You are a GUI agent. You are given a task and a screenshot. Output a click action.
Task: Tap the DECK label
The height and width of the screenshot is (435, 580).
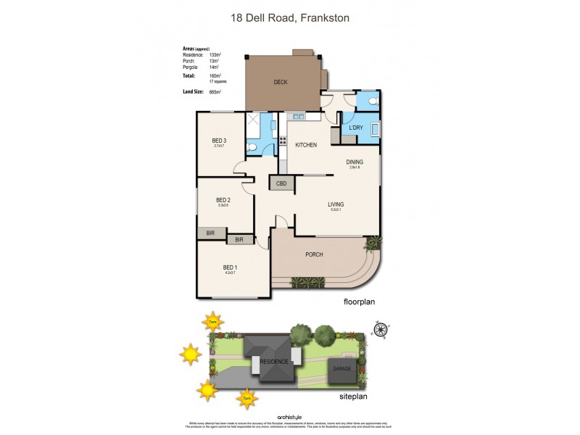click(281, 82)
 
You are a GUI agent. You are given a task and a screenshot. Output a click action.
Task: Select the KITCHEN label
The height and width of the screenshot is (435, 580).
click(306, 145)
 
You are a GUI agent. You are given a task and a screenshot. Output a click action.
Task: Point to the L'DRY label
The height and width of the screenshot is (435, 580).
click(355, 128)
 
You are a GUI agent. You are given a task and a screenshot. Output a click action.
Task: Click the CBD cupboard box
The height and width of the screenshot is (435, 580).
click(281, 184)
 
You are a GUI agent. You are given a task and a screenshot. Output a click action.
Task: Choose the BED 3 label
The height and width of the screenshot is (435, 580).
click(220, 141)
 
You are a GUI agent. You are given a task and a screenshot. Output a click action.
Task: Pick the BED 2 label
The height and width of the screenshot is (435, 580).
click(223, 200)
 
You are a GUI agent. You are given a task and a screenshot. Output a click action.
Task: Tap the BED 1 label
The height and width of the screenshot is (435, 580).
click(230, 268)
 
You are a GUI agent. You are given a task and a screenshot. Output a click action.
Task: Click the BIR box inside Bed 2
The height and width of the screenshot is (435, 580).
click(210, 233)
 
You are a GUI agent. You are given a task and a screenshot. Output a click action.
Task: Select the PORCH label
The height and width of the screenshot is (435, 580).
click(314, 254)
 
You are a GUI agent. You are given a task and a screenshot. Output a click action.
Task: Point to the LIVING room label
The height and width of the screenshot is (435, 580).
click(335, 204)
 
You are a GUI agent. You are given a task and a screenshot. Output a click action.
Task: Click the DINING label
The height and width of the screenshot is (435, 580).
click(354, 162)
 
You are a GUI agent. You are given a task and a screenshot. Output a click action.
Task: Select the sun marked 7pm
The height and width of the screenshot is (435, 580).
click(246, 397)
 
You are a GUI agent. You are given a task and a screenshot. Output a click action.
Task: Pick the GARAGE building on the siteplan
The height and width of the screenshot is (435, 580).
click(341, 368)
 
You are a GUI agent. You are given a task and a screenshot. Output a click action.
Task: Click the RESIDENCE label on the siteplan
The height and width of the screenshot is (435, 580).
click(274, 362)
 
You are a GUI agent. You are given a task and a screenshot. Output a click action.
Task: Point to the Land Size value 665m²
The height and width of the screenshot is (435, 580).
click(214, 92)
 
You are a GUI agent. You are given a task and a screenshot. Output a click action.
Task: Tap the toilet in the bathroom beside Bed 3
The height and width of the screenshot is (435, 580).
click(251, 147)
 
